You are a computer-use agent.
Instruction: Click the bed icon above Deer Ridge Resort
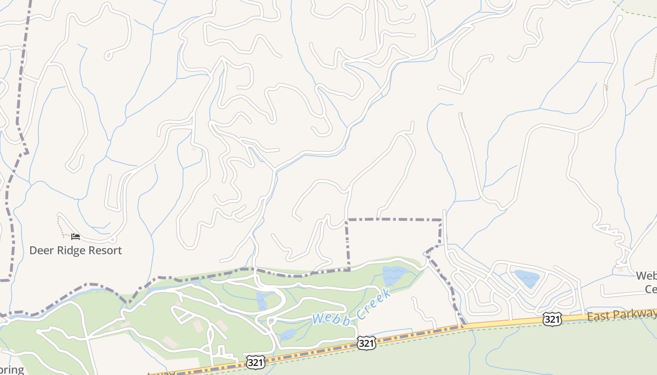click(76, 237)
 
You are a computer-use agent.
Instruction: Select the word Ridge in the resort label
click(72, 250)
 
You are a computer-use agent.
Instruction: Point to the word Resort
click(106, 250)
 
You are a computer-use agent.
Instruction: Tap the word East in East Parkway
click(598, 316)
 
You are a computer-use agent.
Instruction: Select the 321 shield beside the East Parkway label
click(552, 320)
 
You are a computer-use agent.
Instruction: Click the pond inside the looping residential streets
click(527, 278)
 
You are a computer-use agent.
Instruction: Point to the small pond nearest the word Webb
click(288, 334)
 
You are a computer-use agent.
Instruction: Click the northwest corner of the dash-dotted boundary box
click(347, 219)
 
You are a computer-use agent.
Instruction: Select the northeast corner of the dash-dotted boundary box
click(441, 219)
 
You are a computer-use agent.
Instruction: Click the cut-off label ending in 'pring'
click(11, 369)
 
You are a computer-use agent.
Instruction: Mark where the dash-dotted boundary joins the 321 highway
click(464, 325)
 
